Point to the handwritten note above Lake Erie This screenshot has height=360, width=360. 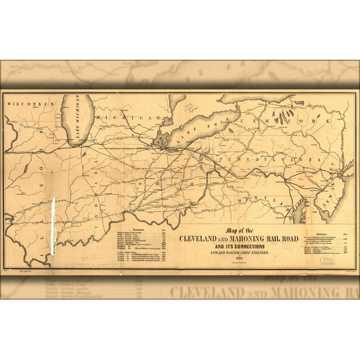pos(189,101)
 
